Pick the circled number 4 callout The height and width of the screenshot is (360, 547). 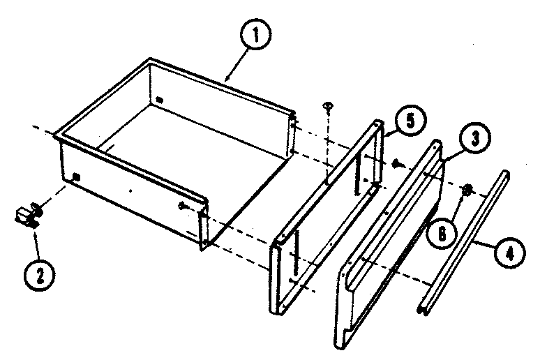point(507,250)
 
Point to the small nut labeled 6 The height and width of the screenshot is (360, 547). point(468,189)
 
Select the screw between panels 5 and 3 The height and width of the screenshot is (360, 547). point(397,164)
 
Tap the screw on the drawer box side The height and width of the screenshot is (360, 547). point(183,205)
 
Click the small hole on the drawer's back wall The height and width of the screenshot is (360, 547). point(160,100)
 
